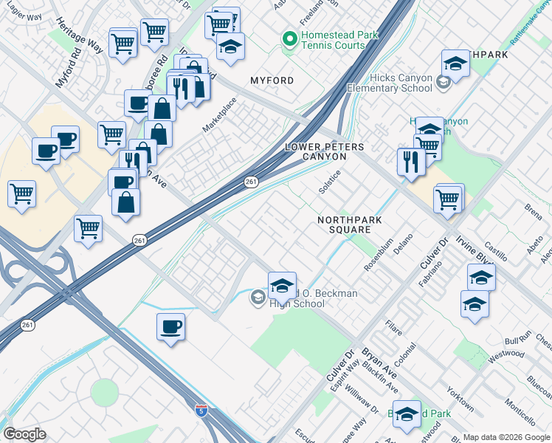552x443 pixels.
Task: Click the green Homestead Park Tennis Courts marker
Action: click(289, 37)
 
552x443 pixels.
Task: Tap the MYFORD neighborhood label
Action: click(272, 80)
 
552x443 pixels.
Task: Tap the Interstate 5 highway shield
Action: click(201, 410)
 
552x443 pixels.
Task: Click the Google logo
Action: click(24, 434)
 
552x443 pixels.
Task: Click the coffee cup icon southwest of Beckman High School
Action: click(170, 326)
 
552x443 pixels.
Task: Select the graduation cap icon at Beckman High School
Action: click(281, 285)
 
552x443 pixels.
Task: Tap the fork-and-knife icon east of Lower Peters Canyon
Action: click(411, 162)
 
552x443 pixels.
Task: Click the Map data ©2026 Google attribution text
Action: click(506, 437)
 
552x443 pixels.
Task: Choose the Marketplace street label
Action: click(219, 115)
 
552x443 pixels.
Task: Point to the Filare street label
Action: click(393, 326)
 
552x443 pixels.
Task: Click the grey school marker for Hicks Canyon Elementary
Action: click(445, 81)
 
